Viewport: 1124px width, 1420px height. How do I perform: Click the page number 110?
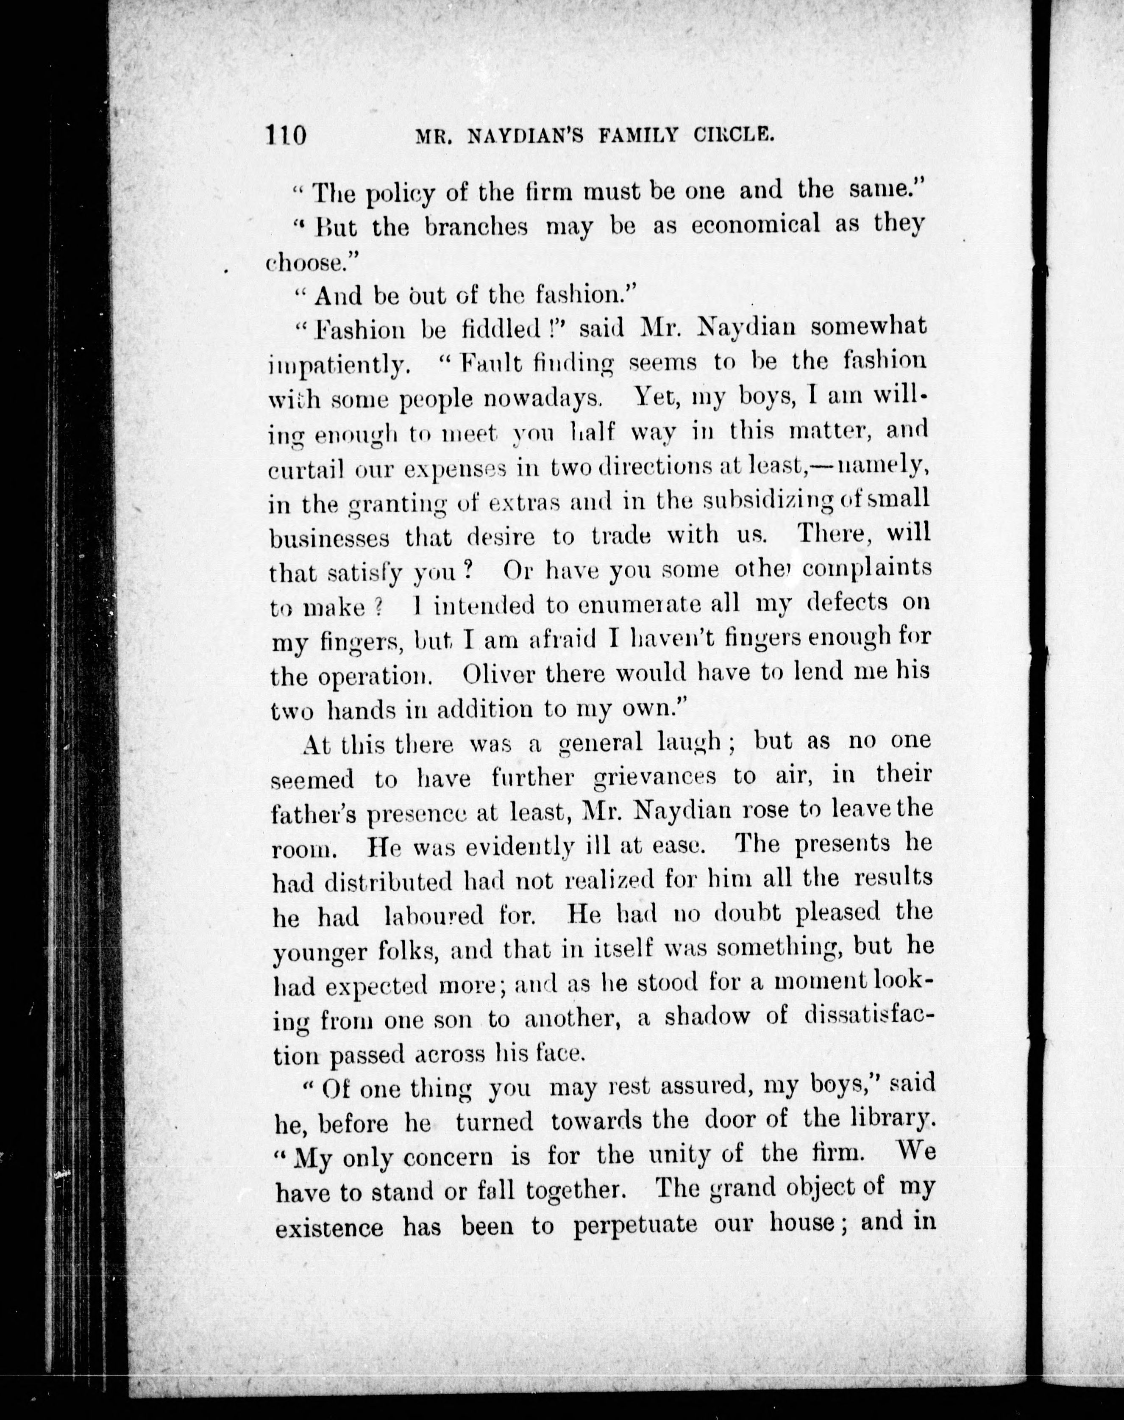pos(286,136)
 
